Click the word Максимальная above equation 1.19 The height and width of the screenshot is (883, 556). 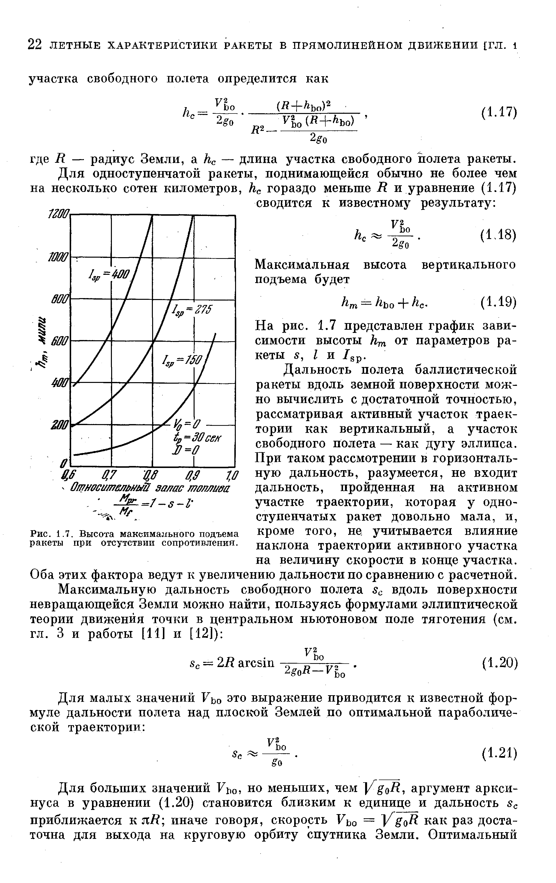tap(302, 265)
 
